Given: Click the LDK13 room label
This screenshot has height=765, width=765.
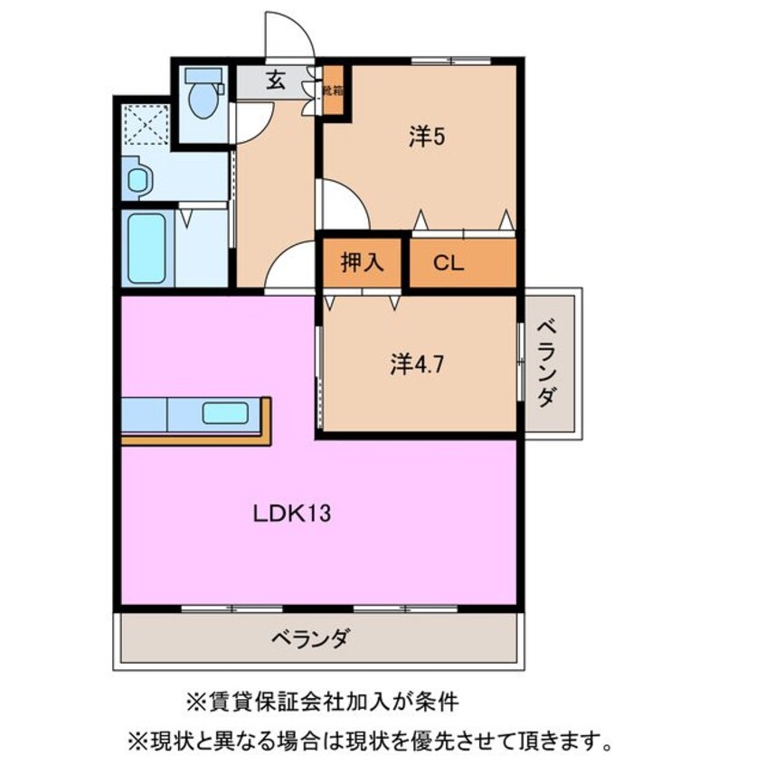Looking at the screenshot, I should [290, 514].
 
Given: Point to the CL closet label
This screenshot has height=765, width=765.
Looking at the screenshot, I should [449, 263].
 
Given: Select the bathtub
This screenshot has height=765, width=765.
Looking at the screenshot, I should [146, 248].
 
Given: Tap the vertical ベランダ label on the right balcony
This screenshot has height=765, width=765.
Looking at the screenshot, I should [547, 362].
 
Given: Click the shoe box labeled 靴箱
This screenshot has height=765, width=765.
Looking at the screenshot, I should [334, 91].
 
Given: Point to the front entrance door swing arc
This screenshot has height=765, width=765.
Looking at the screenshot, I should [288, 36].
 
